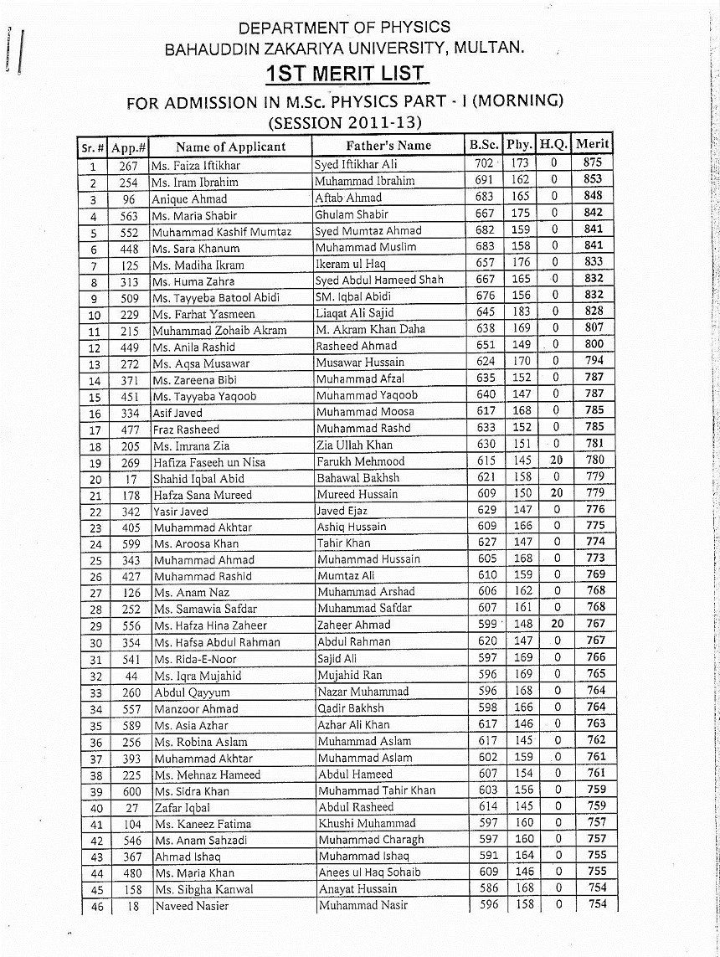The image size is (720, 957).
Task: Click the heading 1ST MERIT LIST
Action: coord(345,74)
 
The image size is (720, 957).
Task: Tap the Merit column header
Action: coord(592,144)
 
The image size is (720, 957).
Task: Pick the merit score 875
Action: coord(592,163)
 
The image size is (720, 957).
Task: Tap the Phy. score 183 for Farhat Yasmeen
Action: coord(521,311)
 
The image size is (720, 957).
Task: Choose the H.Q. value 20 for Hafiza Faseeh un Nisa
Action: coord(555,460)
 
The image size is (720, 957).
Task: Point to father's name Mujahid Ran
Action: coord(349,675)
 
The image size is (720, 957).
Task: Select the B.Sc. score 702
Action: coord(484,163)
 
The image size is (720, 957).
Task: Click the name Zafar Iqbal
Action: coord(182,807)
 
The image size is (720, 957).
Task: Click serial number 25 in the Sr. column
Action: coord(95,560)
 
